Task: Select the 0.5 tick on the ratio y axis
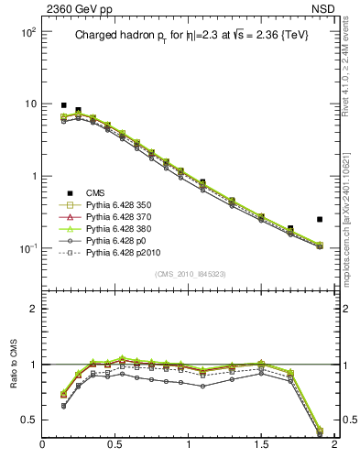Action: tap(30, 420)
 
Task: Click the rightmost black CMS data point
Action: tap(319, 220)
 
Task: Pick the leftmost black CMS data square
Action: tap(63, 105)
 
